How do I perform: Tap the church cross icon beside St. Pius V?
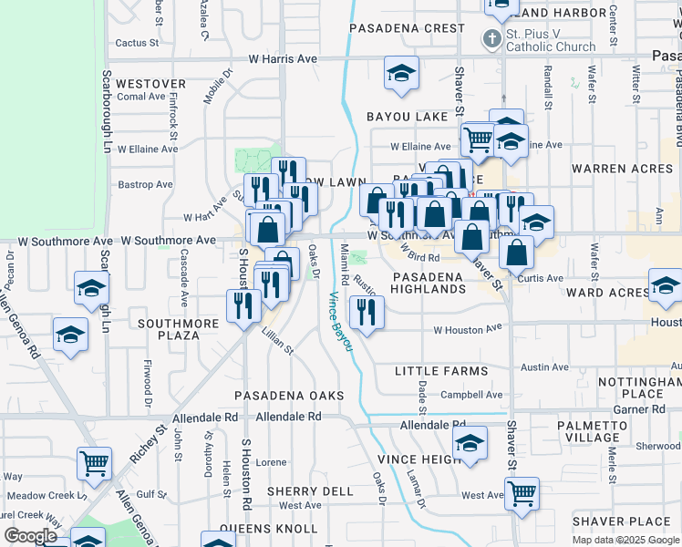pyautogui.click(x=491, y=38)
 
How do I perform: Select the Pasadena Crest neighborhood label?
pyautogui.click(x=407, y=28)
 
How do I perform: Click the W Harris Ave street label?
pyautogui.click(x=283, y=58)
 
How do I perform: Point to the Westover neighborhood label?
pyautogui.click(x=151, y=83)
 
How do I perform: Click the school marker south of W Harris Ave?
pyautogui.click(x=400, y=74)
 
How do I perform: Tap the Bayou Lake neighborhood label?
pyautogui.click(x=408, y=117)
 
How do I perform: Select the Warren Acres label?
pyautogui.click(x=622, y=169)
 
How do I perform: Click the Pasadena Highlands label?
pyautogui.click(x=429, y=282)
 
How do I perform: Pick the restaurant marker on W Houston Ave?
pyautogui.click(x=367, y=313)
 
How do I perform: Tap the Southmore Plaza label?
pyautogui.click(x=178, y=329)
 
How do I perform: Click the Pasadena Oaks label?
pyautogui.click(x=289, y=395)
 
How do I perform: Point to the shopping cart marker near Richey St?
pyautogui.click(x=95, y=462)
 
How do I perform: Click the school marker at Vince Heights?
pyautogui.click(x=470, y=446)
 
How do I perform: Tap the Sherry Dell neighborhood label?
pyautogui.click(x=310, y=491)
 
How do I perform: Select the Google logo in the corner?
pyautogui.click(x=30, y=536)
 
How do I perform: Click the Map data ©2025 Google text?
pyautogui.click(x=625, y=540)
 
